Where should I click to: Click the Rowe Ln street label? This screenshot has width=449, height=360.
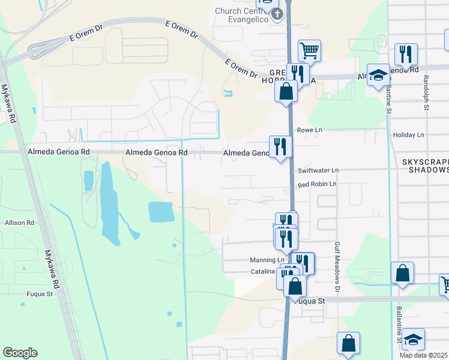tap(310, 130)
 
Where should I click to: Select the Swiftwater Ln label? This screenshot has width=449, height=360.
tap(318, 170)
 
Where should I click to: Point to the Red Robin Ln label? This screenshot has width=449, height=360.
tap(317, 184)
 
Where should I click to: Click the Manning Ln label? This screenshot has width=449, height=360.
tap(267, 260)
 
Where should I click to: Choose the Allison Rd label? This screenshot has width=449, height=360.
tap(19, 223)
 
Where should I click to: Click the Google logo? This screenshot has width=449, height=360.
tap(20, 353)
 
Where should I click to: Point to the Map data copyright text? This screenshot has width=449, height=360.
tap(423, 355)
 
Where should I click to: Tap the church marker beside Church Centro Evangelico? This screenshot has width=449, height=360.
tap(277, 14)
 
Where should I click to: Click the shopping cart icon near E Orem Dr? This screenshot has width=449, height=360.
tap(309, 50)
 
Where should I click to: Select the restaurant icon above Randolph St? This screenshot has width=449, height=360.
tap(406, 55)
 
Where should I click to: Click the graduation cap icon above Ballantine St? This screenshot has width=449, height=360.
tap(378, 75)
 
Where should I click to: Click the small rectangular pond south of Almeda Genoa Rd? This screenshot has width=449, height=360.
tap(161, 212)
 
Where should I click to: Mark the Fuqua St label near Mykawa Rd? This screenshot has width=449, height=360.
tap(40, 294)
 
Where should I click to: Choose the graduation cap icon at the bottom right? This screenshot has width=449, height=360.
tap(413, 339)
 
